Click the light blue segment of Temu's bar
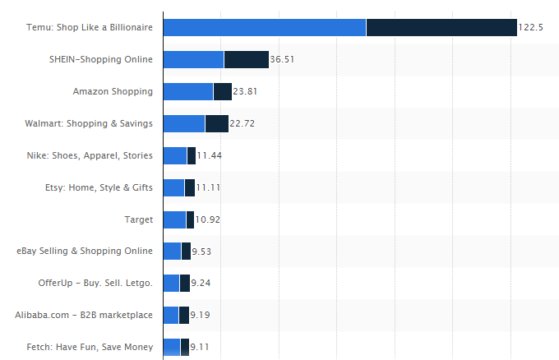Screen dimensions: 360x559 pos(265,27)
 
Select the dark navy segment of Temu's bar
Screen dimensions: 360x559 pos(441,27)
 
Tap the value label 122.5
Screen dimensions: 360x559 pos(531,27)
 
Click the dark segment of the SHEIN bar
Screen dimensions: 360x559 pos(246,59)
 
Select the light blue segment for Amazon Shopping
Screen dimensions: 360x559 pos(188,91)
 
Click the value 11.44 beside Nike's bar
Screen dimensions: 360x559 pos(209,155)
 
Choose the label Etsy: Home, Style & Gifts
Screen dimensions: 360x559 pos(99,187)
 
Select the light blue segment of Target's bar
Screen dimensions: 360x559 pos(175,219)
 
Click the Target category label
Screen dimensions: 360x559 pos(138,219)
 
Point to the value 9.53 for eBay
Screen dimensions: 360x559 pos(201,251)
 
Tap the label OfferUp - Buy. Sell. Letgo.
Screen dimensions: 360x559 pos(95,283)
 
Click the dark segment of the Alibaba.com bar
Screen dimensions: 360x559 pos(184,315)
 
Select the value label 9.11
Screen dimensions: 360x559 pos(200,347)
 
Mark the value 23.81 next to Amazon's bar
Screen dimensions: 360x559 pos(245,91)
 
